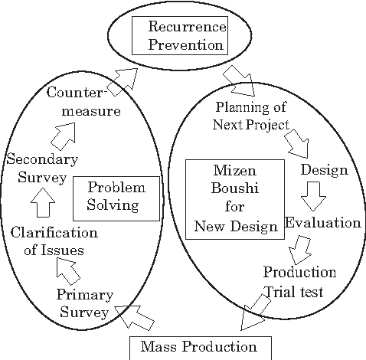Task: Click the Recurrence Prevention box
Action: pyautogui.click(x=180, y=36)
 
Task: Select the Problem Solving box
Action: pyautogui.click(x=117, y=196)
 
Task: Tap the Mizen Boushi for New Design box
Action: pyautogui.click(x=236, y=199)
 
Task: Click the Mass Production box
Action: pyautogui.click(x=200, y=347)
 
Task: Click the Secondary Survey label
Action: pyautogui.click(x=41, y=168)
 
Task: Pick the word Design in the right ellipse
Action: pyautogui.click(x=324, y=169)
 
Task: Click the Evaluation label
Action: pyautogui.click(x=322, y=223)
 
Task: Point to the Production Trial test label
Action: pyautogui.click(x=299, y=280)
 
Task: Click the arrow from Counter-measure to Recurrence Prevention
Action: pyautogui.click(x=122, y=80)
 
